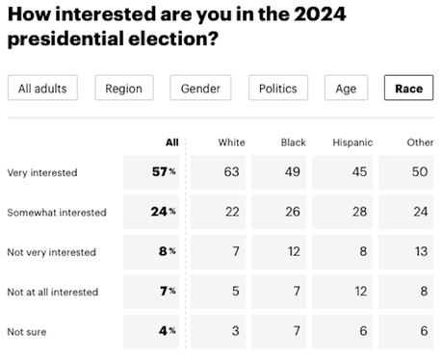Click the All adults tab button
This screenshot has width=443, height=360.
pos(42,89)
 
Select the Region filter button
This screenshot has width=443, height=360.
pos(125,89)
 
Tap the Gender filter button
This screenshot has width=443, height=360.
pos(201,89)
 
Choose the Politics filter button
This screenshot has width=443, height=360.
pos(278,89)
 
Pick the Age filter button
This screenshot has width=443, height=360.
pos(346,89)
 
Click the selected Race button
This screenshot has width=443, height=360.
pos(408,89)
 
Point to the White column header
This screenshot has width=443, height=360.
pos(231,142)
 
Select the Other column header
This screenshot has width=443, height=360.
pos(420,142)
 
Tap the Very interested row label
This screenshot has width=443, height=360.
pos(41,173)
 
